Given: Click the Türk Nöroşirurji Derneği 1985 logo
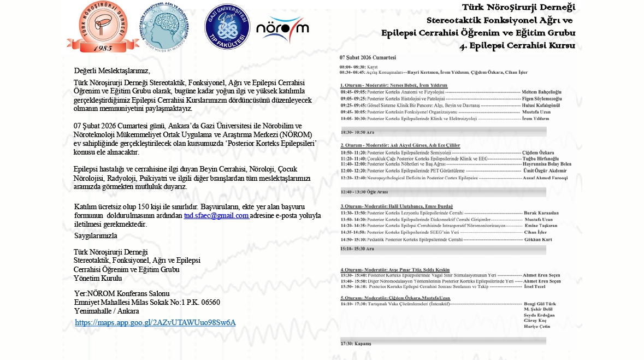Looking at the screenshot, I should [x=103, y=26].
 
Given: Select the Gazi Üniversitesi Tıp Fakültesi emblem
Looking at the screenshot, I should [x=227, y=26].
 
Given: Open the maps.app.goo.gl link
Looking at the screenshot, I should [x=155, y=322].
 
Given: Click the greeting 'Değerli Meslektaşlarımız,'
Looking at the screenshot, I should [x=112, y=70].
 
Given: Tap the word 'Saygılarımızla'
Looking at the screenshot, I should [x=96, y=235].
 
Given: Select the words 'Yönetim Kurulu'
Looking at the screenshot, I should [x=98, y=278].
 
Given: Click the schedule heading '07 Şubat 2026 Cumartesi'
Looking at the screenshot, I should [x=368, y=57].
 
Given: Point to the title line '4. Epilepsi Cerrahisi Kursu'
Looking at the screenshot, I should [x=517, y=45].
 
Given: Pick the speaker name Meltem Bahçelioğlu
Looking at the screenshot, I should [x=541, y=92].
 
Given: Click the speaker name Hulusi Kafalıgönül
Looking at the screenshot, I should [x=542, y=105].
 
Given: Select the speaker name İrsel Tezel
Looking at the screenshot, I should [x=535, y=286].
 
